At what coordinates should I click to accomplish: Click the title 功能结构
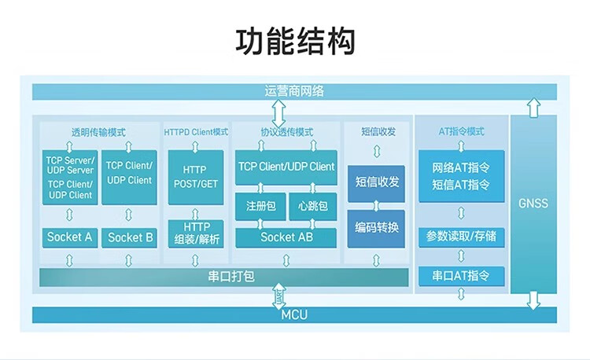click(x=295, y=41)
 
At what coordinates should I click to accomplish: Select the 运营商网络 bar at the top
click(x=294, y=91)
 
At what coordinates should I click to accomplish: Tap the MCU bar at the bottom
click(x=294, y=316)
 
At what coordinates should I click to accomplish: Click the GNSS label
click(x=533, y=203)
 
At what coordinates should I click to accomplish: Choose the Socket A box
click(x=70, y=237)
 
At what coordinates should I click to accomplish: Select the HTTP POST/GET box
click(x=196, y=176)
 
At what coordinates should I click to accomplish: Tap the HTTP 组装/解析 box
click(x=196, y=233)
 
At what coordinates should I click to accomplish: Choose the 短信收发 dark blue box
click(x=377, y=182)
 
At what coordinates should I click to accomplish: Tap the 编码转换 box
click(x=377, y=228)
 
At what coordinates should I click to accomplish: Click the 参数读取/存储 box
click(x=461, y=236)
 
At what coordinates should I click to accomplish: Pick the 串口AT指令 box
click(x=461, y=276)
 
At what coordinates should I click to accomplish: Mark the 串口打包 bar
click(x=224, y=277)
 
